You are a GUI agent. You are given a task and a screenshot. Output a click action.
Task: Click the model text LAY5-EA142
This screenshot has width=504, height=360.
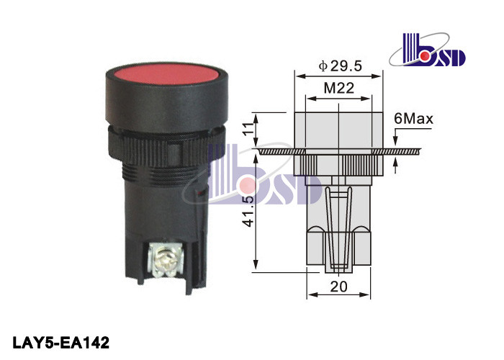pos(61,343)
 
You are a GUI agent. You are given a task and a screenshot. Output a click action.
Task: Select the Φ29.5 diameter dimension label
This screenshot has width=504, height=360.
pos(340,66)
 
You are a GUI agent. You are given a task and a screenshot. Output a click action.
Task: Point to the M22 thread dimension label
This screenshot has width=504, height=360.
pos(339,88)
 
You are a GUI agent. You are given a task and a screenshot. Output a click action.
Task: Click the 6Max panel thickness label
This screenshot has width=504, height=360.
pos(413,119)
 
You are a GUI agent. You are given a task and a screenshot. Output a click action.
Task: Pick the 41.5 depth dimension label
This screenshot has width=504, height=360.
pos(249,211)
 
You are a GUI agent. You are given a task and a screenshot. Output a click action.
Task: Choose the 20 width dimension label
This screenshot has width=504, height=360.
pos(339,287)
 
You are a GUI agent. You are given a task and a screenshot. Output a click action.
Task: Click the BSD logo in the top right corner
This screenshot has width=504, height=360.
pos(428,50)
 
